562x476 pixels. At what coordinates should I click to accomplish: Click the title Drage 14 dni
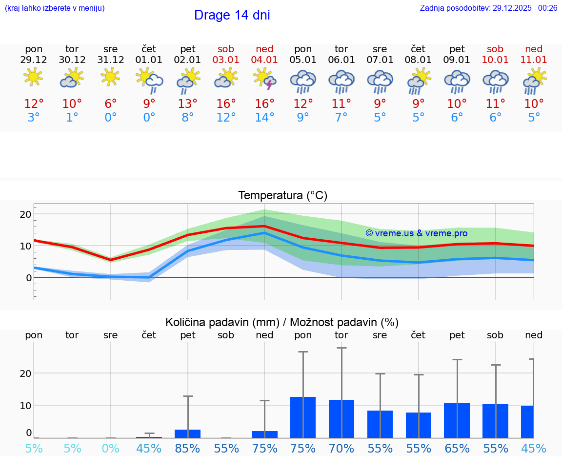(x=232, y=15)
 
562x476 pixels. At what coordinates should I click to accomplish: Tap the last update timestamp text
(x=488, y=8)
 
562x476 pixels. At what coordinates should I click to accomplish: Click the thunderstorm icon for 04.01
(x=264, y=79)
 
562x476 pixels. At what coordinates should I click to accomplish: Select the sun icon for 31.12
(x=110, y=77)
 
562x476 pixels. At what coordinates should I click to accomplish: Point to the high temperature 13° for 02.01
(x=187, y=103)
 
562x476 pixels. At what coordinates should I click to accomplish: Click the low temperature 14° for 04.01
(x=264, y=117)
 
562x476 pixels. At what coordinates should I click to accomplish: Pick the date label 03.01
(x=226, y=60)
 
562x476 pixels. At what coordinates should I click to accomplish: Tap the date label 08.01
(x=418, y=60)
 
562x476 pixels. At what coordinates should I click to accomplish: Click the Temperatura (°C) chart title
(x=282, y=196)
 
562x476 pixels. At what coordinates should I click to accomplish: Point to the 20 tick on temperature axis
(x=25, y=214)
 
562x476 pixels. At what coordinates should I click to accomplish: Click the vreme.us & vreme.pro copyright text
(x=417, y=233)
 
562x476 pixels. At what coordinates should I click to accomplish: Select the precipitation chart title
(x=282, y=322)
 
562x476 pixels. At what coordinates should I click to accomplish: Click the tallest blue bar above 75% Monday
(x=303, y=417)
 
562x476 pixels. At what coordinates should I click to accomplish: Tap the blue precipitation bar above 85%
(x=187, y=434)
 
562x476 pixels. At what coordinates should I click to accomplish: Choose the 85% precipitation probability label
(x=187, y=448)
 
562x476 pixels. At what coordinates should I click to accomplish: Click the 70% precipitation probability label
(x=341, y=448)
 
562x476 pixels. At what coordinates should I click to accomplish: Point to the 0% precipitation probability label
(x=111, y=448)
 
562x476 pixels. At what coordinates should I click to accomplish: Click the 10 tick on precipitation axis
(x=25, y=405)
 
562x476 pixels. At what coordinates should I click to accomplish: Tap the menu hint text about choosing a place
(x=55, y=8)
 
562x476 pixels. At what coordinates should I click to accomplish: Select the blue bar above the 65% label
(x=457, y=420)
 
